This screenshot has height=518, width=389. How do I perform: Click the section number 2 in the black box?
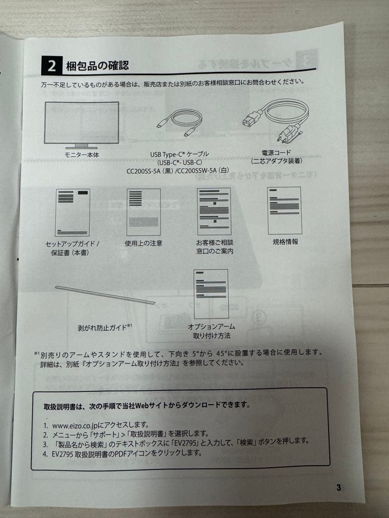pos(51,65)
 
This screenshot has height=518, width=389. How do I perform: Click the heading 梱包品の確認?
pos(97,65)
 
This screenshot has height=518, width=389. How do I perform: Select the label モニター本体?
pos(82,154)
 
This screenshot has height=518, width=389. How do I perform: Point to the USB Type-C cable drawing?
pos(179,123)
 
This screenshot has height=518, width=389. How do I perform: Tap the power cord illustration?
pos(275,120)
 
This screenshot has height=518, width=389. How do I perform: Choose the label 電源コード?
pos(276,153)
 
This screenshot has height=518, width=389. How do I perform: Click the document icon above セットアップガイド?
pos(73,212)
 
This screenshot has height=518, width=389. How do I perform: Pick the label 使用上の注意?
pos(144,243)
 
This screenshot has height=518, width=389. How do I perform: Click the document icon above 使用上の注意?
pos(144,212)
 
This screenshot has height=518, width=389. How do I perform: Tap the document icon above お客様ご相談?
pos(214,212)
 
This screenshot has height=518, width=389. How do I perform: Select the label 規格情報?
pos(285,242)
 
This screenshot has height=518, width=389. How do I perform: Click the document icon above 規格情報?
pos(284,211)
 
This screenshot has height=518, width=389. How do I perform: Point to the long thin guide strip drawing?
pos(105,294)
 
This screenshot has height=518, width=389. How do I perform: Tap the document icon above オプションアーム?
pos(211,294)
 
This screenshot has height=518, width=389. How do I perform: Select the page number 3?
pos(339,487)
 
